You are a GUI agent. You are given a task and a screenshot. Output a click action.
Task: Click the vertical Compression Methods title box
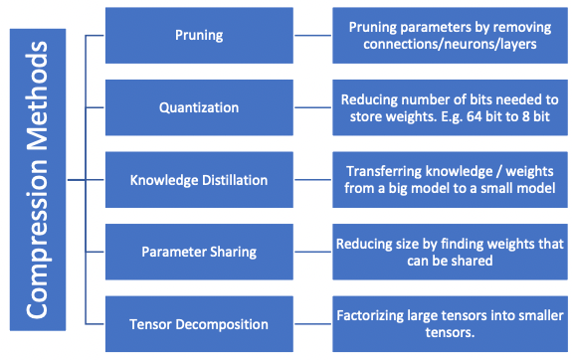[x=37, y=180]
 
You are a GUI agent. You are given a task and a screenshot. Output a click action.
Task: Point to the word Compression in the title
[x=37, y=249]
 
